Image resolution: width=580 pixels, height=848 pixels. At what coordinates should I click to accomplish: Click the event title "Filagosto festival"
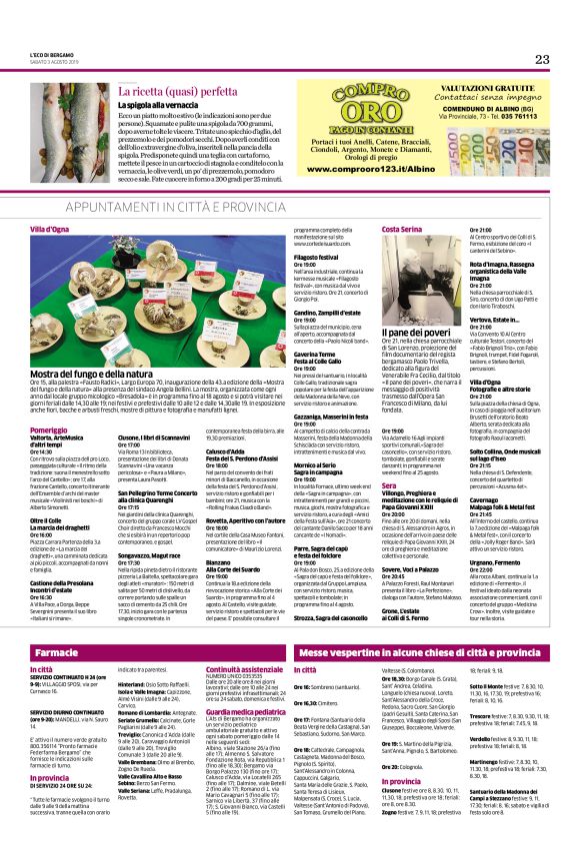coord(316,257)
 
